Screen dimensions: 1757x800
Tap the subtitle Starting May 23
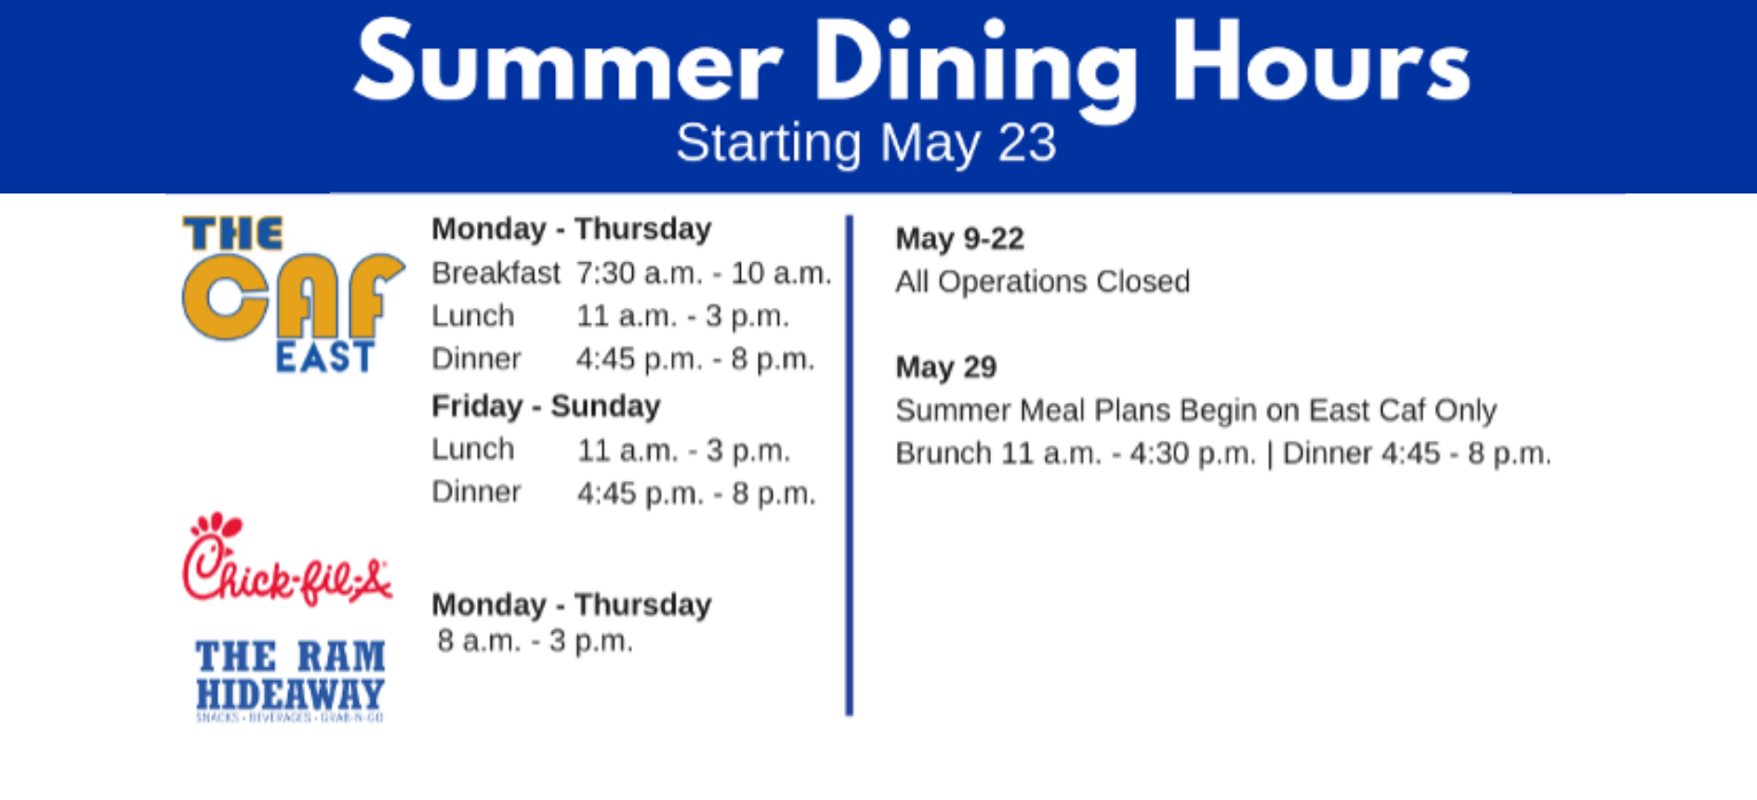(x=866, y=144)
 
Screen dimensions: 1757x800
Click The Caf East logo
(x=294, y=294)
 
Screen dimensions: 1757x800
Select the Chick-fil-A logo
(x=287, y=559)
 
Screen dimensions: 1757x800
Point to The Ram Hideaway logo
(x=290, y=680)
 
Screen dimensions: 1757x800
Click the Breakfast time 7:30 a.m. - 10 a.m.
(x=704, y=273)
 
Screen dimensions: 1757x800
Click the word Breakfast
(x=495, y=273)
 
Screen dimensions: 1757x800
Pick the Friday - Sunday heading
(x=546, y=407)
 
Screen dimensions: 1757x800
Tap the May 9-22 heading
(x=959, y=239)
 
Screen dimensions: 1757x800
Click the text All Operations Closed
(x=1042, y=282)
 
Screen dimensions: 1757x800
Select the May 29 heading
(x=945, y=367)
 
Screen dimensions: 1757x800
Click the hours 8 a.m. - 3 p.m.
(x=535, y=641)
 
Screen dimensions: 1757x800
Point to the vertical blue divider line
(x=849, y=465)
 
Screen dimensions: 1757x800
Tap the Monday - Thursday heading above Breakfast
(x=571, y=229)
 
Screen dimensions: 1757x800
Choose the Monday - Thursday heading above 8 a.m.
(x=571, y=605)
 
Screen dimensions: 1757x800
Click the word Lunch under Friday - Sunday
(x=473, y=449)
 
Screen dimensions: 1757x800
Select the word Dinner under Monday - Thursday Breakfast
(x=476, y=359)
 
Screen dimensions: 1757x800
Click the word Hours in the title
(x=1321, y=61)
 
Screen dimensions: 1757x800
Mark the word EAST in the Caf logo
(x=324, y=357)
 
